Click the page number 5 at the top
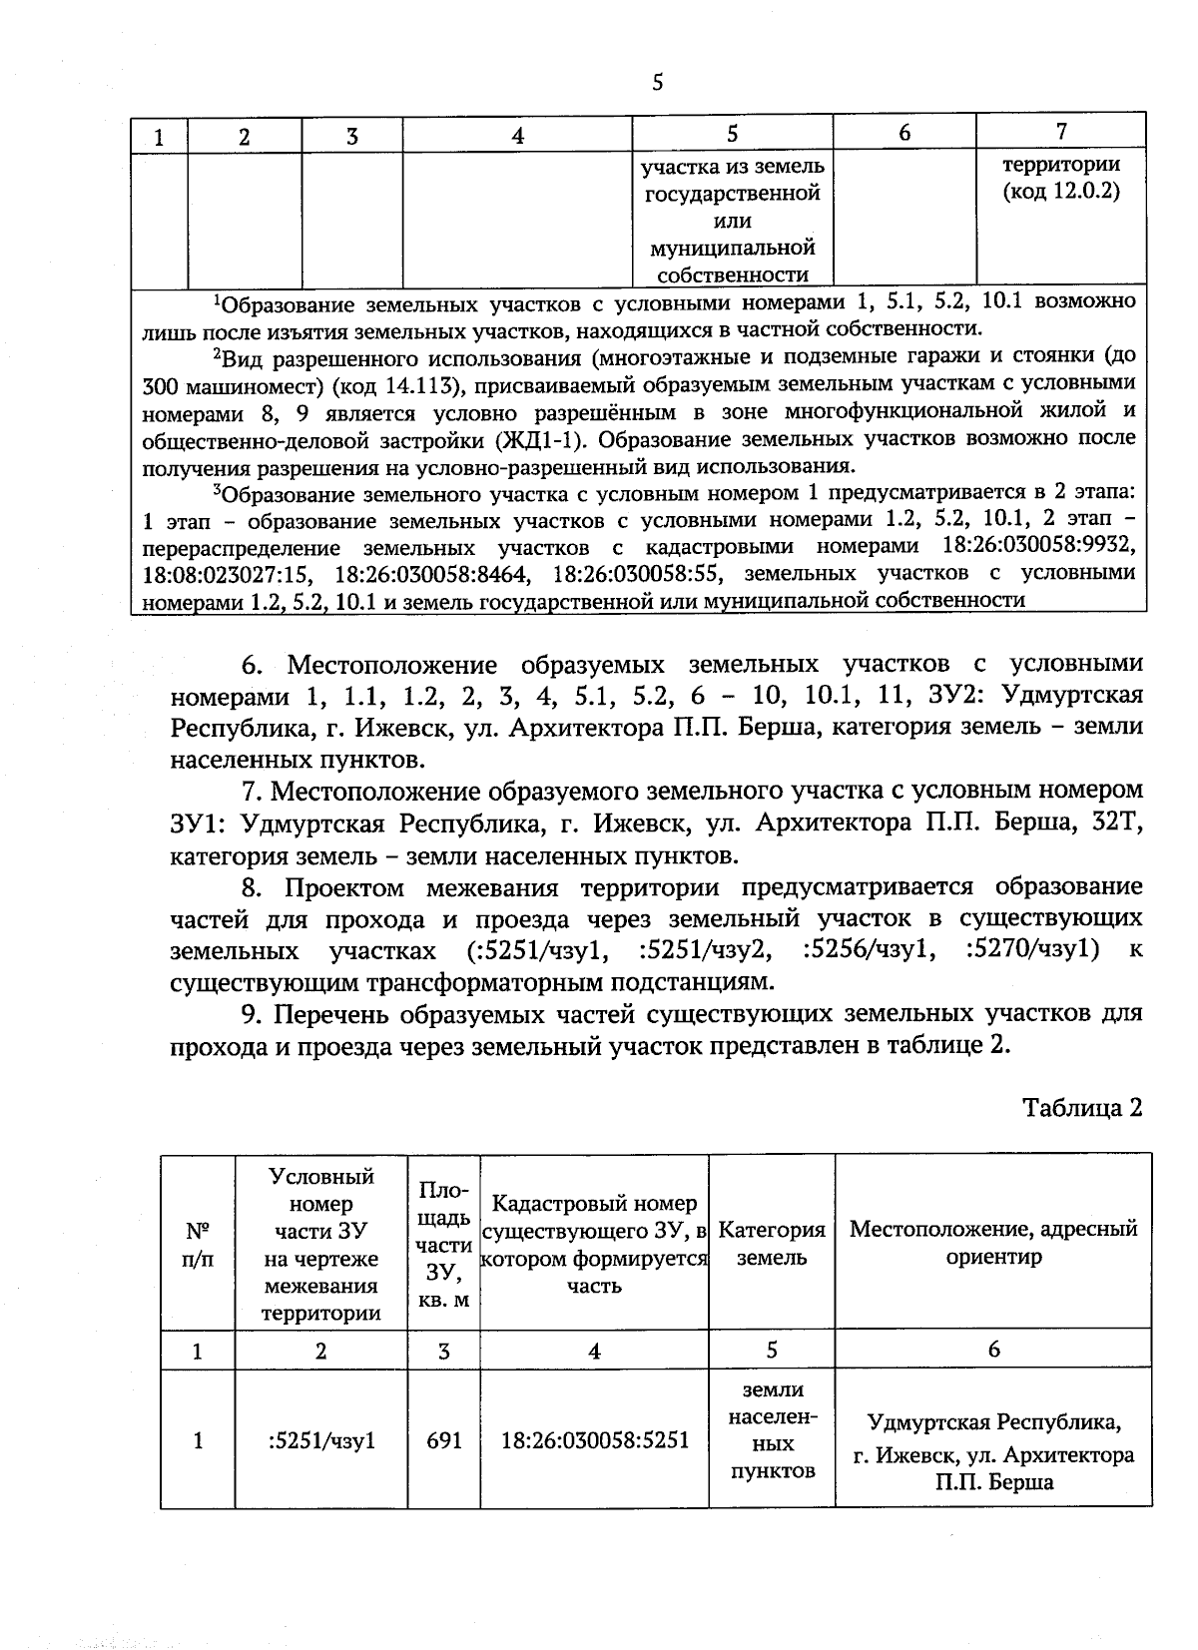tap(657, 83)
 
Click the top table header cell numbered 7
tap(1061, 131)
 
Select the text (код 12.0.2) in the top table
tap(1061, 191)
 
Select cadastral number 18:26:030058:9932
tap(1038, 547)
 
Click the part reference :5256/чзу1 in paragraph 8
tap(869, 948)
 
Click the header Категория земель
tap(772, 1244)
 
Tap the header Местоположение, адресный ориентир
tap(993, 1243)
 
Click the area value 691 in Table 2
tap(443, 1440)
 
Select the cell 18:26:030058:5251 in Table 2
tap(594, 1440)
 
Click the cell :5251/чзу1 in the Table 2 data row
tap(321, 1440)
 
